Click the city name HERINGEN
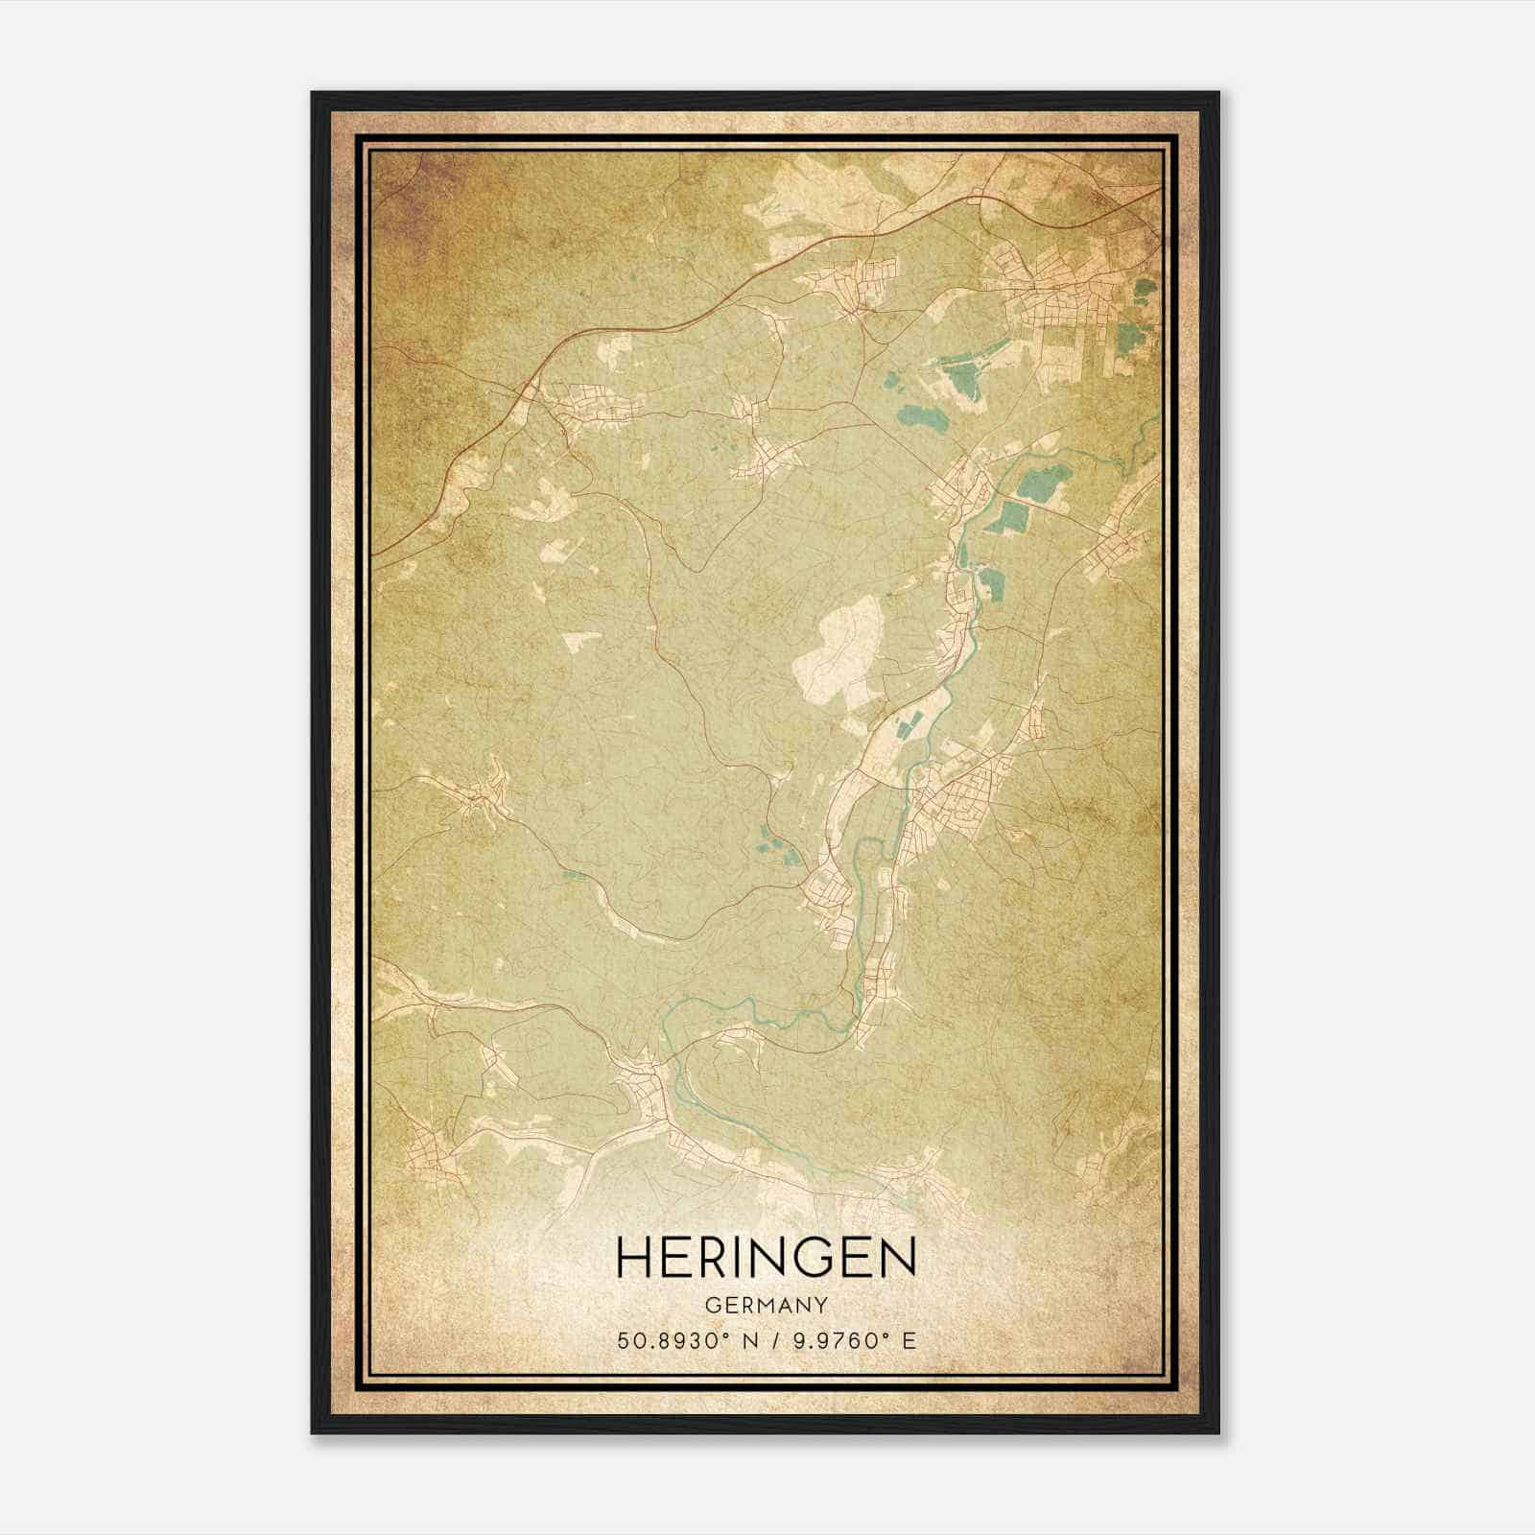click(x=766, y=1257)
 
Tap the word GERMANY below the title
click(x=766, y=1306)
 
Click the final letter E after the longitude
click(x=909, y=1340)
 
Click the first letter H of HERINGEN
click(x=634, y=1257)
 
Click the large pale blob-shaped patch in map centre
click(x=837, y=652)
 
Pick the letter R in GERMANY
click(x=739, y=1306)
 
